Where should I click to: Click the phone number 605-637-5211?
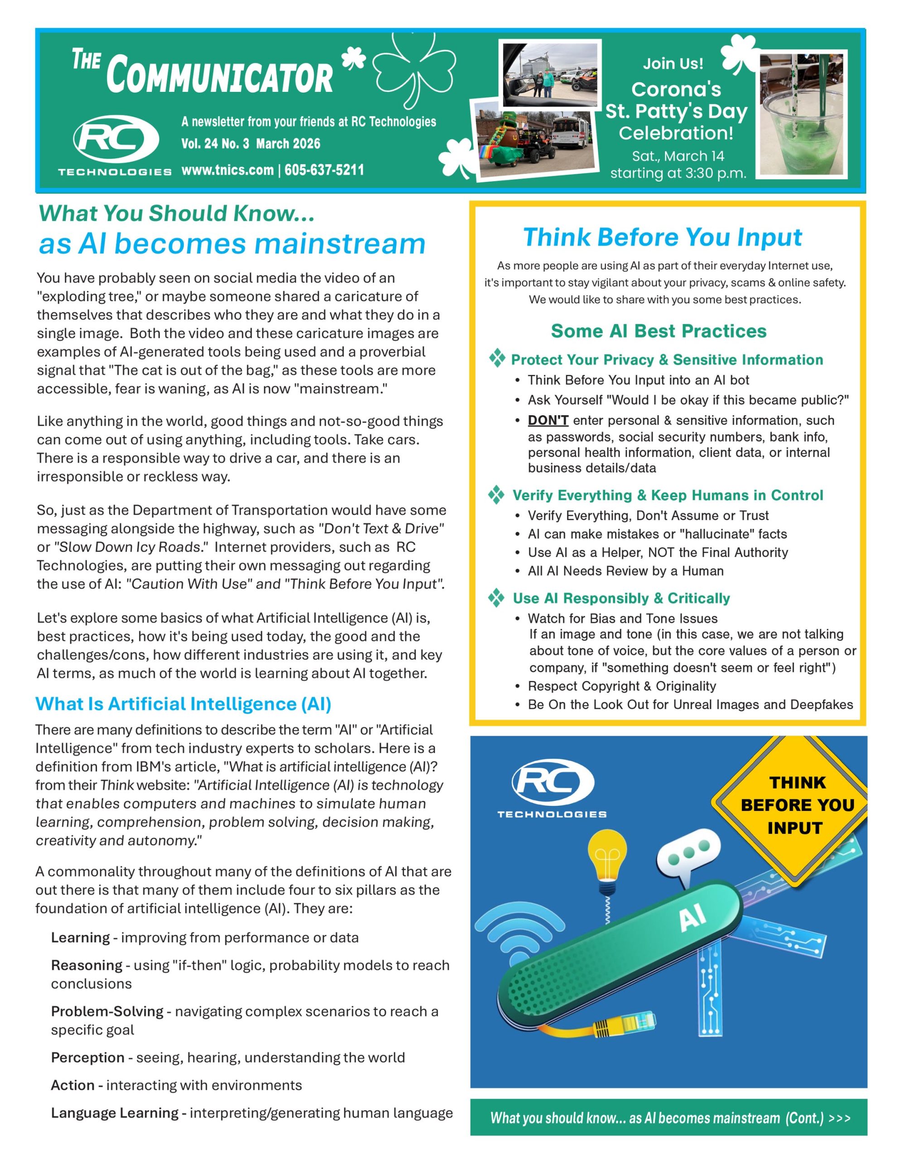coord(324,170)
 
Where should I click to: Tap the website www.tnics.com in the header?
coord(227,170)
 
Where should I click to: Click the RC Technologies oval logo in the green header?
coord(116,139)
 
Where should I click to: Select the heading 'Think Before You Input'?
coord(662,237)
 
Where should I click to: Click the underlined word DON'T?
coord(548,420)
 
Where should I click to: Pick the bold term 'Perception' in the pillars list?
coord(87,1058)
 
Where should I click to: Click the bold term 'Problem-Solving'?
coord(107,1011)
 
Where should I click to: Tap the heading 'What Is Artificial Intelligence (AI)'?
coord(183,704)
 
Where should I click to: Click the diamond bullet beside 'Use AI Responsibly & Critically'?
coord(496,598)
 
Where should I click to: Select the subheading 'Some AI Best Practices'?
coord(659,331)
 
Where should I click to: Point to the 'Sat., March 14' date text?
coord(678,156)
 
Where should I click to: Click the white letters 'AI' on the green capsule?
coord(692,916)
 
